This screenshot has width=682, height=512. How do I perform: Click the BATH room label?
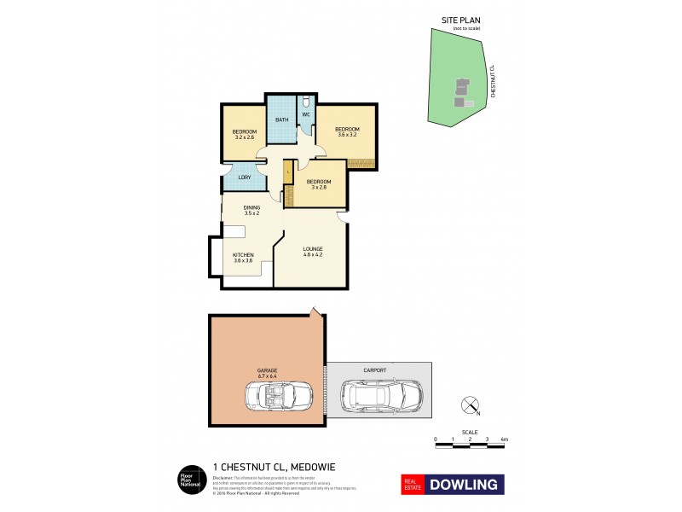point(280,120)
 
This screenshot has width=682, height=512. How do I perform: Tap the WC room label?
point(305,115)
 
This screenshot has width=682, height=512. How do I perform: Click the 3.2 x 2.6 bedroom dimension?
point(244,137)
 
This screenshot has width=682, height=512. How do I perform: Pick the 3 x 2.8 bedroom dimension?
point(319,188)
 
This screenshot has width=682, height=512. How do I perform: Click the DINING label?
point(251,207)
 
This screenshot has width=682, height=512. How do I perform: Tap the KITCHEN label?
point(244,254)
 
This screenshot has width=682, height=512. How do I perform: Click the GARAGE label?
point(268,369)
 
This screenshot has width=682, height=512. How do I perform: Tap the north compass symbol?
point(468,405)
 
